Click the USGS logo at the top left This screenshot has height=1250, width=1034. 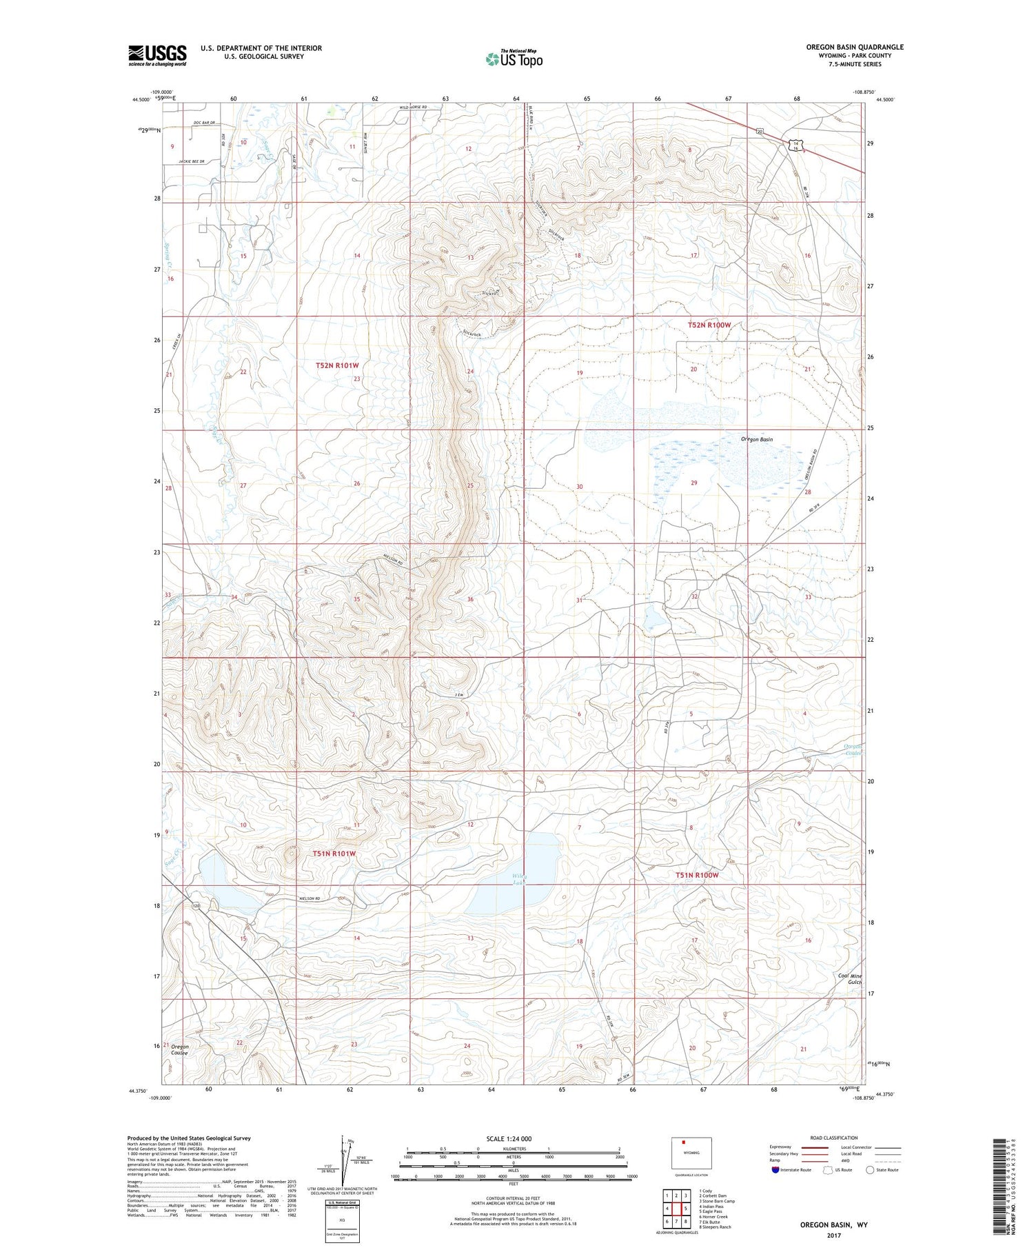(157, 55)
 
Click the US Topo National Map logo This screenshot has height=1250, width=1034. (514, 59)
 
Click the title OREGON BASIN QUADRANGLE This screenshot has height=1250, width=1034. (854, 47)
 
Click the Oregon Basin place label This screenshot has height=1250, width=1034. (756, 439)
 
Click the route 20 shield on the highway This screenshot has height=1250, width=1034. (759, 131)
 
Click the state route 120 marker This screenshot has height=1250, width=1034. (196, 905)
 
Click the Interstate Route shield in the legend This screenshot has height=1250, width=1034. (775, 1169)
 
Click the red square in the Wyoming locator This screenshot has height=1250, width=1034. (684, 1146)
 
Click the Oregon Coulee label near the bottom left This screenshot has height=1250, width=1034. (180, 1049)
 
